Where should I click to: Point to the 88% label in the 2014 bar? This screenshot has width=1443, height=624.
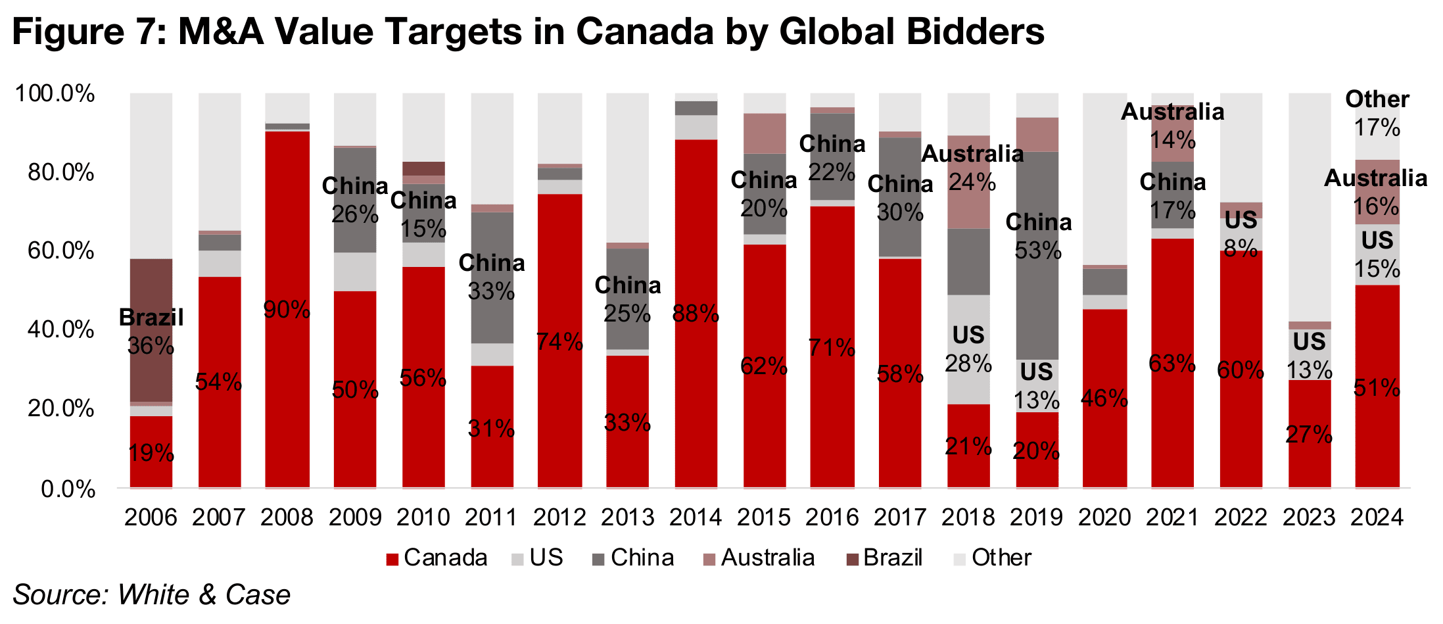coord(696,314)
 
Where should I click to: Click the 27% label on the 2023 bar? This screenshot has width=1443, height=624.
coord(1309,435)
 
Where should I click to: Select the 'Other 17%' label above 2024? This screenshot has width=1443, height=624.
coord(1377,113)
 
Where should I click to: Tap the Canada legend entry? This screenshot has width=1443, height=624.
coord(437,558)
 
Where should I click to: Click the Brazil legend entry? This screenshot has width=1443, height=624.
coord(884,558)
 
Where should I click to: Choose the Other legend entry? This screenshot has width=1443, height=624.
coord(993,558)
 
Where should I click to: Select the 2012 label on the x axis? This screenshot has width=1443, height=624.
coord(559,517)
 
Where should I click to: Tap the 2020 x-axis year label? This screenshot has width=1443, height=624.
coord(1104,517)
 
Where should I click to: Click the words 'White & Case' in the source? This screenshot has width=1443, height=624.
coord(204,595)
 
